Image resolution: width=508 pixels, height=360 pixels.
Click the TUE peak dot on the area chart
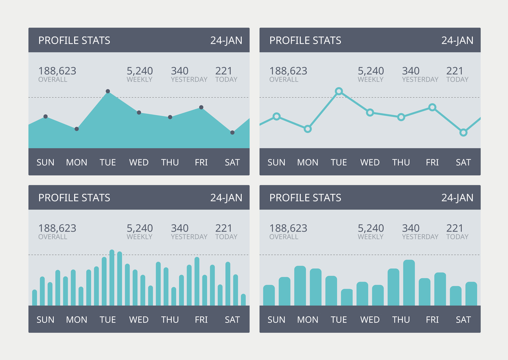point(108,91)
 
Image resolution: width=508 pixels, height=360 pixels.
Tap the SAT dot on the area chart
point(232,133)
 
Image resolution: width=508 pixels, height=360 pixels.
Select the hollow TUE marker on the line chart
point(339,91)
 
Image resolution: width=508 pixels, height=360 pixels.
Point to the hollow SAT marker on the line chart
point(463,133)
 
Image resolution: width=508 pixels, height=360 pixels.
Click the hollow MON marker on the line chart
point(307,129)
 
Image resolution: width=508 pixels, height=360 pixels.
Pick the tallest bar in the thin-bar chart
point(112,277)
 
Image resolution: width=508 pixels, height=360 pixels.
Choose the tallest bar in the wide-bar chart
point(409,282)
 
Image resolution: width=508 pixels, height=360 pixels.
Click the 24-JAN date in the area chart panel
point(226,41)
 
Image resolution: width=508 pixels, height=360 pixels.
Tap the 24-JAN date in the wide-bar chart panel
point(457,198)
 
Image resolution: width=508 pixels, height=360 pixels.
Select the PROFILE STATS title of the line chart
point(305,41)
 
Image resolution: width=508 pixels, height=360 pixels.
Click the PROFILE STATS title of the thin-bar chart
point(74,198)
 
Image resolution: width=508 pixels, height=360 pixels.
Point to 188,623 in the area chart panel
point(57,71)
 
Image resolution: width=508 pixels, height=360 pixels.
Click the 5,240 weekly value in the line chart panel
point(371,71)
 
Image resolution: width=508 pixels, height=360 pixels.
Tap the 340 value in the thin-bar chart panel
point(180,228)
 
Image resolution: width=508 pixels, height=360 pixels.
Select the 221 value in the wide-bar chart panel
point(455,228)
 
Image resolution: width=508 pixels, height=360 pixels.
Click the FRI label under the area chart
point(201,162)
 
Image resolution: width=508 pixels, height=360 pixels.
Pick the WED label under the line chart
point(370,162)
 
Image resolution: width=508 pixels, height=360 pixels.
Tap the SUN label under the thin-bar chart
point(45,320)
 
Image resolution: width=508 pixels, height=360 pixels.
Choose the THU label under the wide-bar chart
point(401,320)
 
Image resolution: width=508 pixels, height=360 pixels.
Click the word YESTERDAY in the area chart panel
point(189,80)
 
